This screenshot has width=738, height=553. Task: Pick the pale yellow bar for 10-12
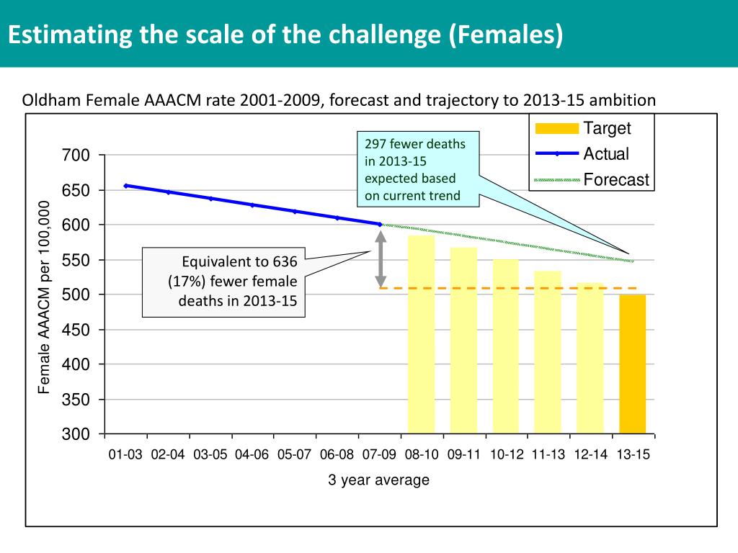pos(506,346)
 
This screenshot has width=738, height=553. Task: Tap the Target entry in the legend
pos(607,129)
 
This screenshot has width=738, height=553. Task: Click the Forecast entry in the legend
pos(616,180)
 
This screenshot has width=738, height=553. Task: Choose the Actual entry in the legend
pos(605,154)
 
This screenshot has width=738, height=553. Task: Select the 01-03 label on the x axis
pos(126,455)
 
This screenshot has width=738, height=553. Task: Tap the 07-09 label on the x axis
pos(380,455)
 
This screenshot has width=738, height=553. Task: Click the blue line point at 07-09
pos(380,224)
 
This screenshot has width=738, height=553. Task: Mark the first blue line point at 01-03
pos(126,186)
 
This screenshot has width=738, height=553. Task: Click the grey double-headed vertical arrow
pos(381,258)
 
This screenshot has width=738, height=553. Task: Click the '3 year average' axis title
pos(378,480)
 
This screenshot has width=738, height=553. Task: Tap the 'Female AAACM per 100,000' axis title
pos(45,297)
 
